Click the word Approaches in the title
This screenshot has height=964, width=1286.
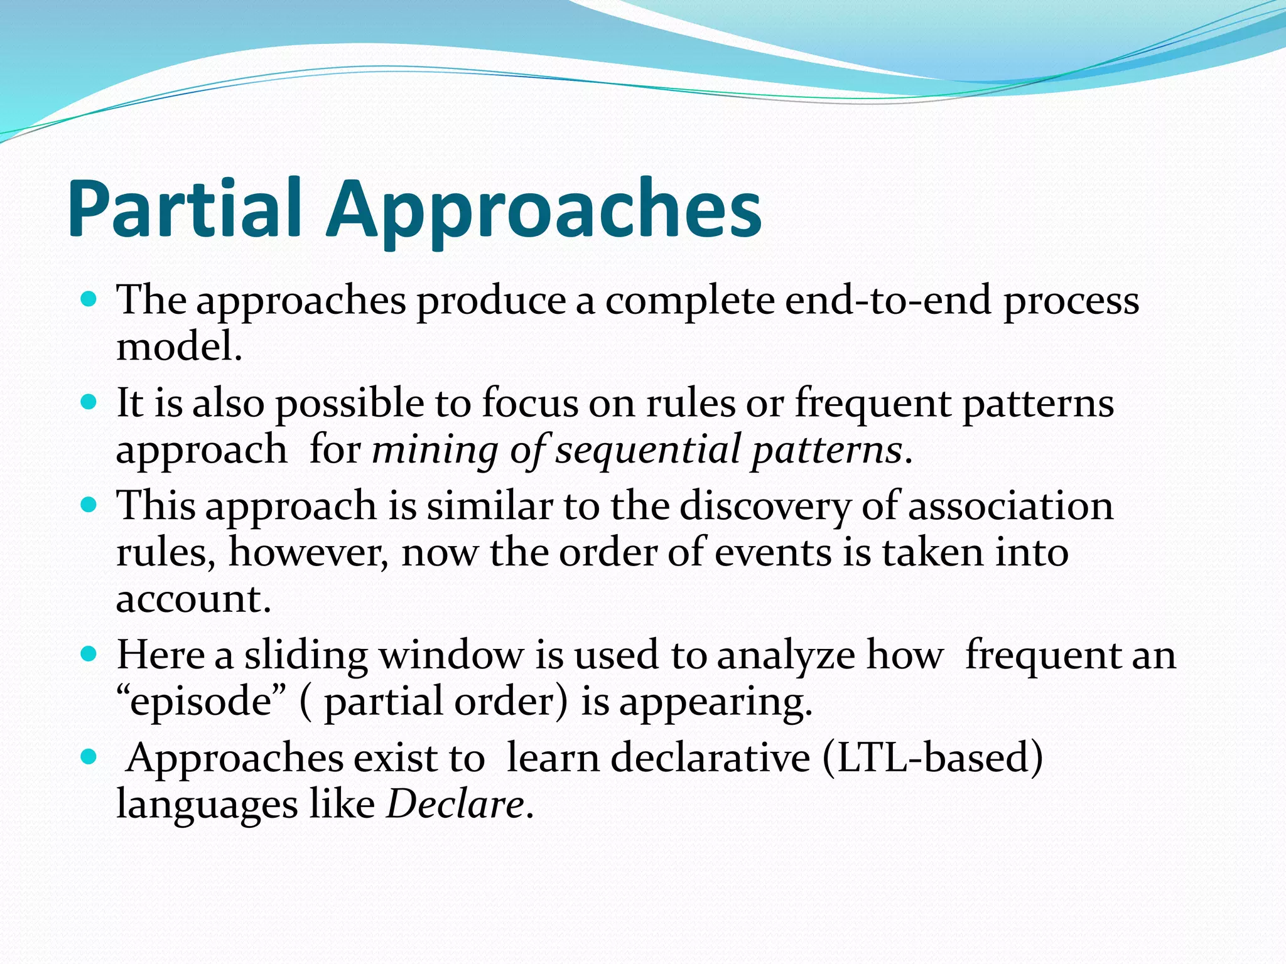pyautogui.click(x=543, y=209)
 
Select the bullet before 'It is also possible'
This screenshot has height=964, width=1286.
pyautogui.click(x=89, y=402)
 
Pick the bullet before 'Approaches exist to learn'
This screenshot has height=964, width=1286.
pyautogui.click(x=89, y=757)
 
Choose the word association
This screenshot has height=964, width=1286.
pyautogui.click(x=1010, y=506)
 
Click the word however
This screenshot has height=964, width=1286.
pyautogui.click(x=307, y=553)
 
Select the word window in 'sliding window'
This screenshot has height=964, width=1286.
pyautogui.click(x=451, y=655)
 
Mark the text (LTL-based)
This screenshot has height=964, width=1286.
pyautogui.click(x=932, y=758)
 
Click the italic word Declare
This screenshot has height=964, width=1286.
pyautogui.click(x=455, y=805)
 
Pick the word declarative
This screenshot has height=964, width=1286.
pyautogui.click(x=710, y=758)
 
